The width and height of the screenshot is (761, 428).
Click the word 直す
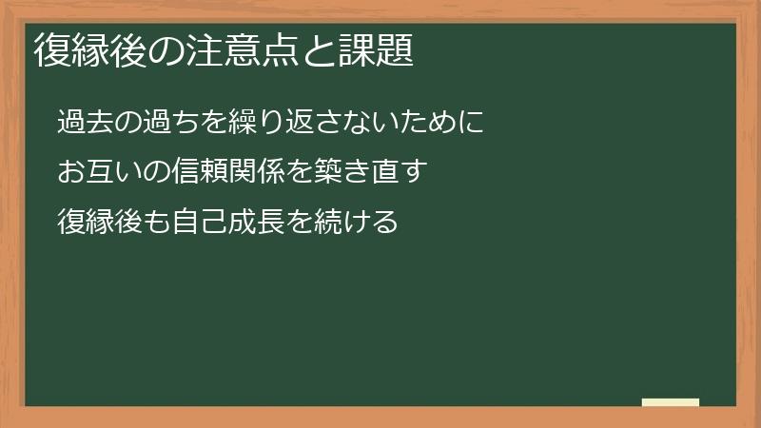(x=400, y=172)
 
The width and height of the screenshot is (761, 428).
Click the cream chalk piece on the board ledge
(x=671, y=402)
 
